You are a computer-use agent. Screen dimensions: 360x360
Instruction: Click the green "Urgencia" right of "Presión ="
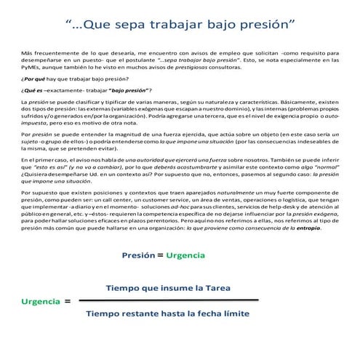185,255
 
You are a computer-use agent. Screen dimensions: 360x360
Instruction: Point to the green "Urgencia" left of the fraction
41,300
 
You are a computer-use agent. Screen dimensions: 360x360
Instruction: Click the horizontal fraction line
167,301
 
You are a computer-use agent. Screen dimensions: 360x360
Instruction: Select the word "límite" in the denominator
233,313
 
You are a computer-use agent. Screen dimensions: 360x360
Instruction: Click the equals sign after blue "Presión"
161,255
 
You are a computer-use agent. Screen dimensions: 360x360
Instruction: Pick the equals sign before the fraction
68,300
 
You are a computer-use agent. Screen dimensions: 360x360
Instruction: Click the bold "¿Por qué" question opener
35,76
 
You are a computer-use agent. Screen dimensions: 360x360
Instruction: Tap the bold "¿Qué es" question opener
34,89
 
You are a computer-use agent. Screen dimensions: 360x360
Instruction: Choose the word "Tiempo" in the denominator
106,313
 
